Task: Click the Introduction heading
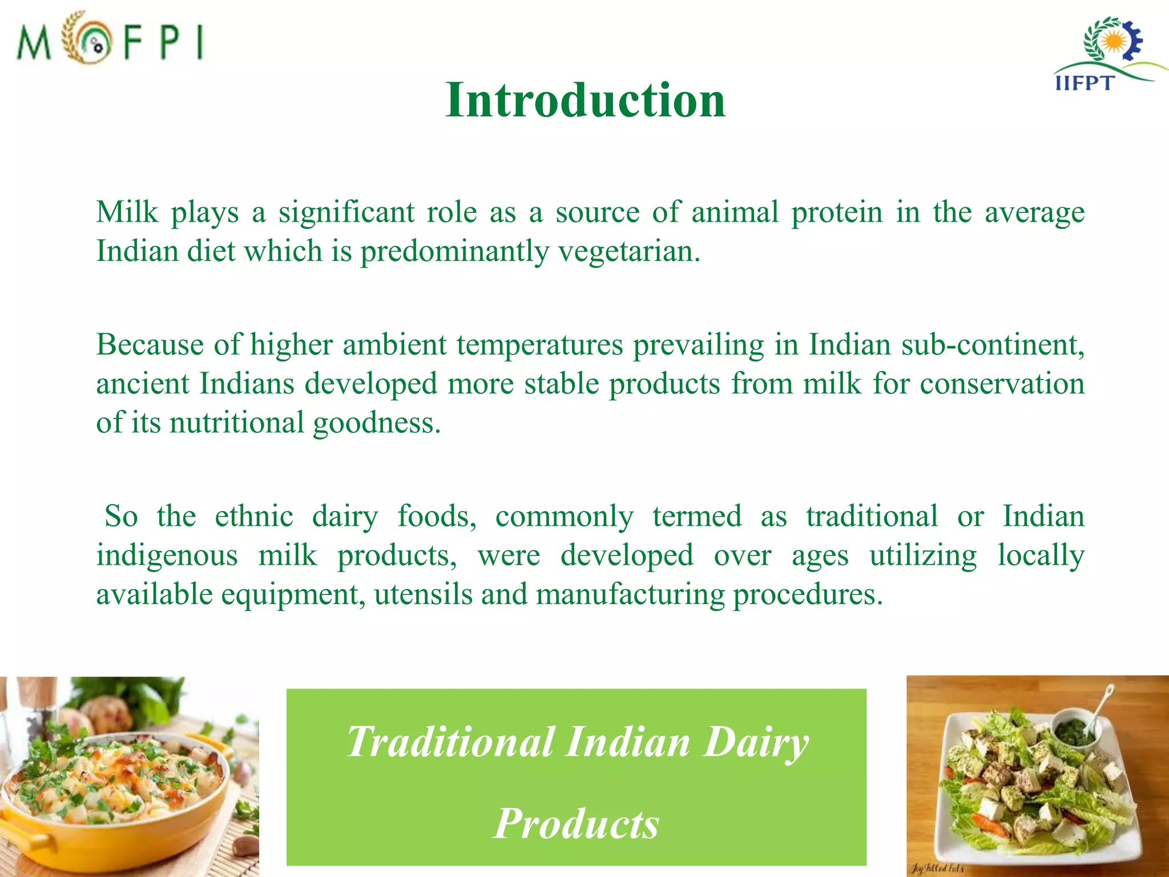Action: click(x=585, y=100)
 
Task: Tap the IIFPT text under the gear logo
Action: click(x=1083, y=83)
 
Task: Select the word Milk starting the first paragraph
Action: click(x=127, y=212)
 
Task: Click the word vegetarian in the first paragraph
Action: click(x=628, y=251)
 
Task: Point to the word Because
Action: click(x=150, y=345)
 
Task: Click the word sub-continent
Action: click(x=992, y=345)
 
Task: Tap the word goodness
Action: click(x=377, y=424)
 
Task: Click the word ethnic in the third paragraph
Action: click(x=254, y=516)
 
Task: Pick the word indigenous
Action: click(x=167, y=556)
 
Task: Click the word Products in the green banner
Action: click(x=577, y=823)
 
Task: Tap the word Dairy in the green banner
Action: click(x=756, y=742)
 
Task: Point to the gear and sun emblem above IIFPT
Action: click(x=1113, y=41)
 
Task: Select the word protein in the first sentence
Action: click(x=837, y=212)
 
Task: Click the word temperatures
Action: click(x=539, y=345)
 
